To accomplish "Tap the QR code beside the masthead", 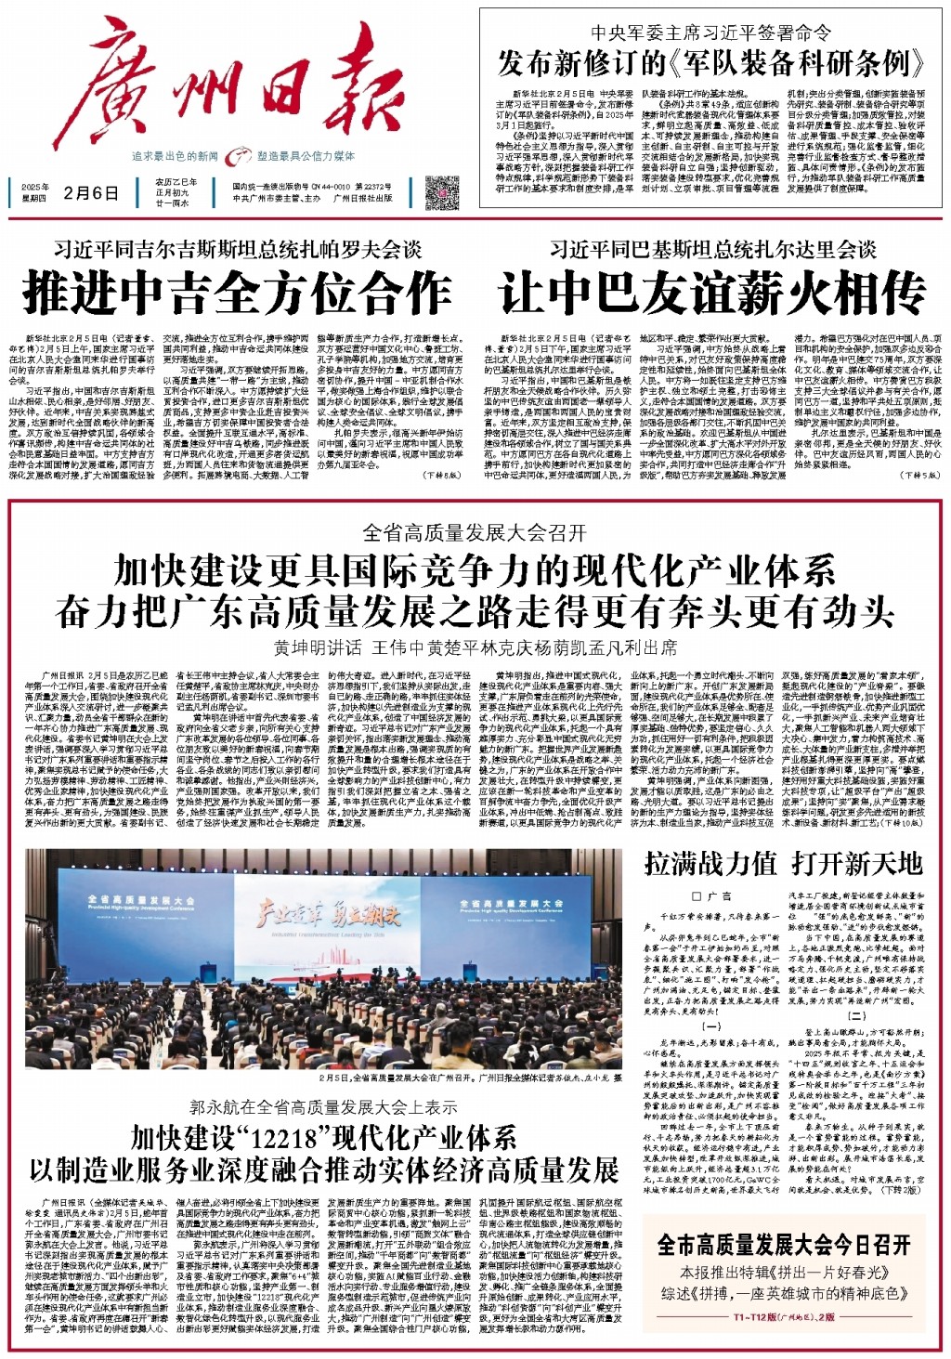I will pyautogui.click(x=441, y=193).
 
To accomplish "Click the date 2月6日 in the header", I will pyautogui.click(x=91, y=193).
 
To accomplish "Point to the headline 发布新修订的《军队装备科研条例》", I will pyautogui.click(x=712, y=63).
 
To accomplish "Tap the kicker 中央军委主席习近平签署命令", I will pyautogui.click(x=712, y=33).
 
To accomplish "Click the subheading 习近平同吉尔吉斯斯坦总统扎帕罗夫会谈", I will pyautogui.click(x=237, y=249).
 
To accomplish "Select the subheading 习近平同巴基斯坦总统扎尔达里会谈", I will pyautogui.click(x=712, y=249).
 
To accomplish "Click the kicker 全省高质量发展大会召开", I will pyautogui.click(x=475, y=532).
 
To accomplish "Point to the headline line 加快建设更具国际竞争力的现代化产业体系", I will pyautogui.click(x=475, y=568).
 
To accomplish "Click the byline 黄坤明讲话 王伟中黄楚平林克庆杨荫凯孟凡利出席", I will pyautogui.click(x=475, y=647).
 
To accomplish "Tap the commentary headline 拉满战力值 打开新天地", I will pyautogui.click(x=784, y=863).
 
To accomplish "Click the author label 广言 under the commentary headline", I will pyautogui.click(x=712, y=896).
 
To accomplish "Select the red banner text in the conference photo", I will pyautogui.click(x=319, y=915).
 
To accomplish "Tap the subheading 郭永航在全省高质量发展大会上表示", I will pyautogui.click(x=323, y=1107).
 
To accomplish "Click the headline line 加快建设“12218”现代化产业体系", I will pyautogui.click(x=323, y=1137).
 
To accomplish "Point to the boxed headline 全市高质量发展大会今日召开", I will pyautogui.click(x=784, y=1244).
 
